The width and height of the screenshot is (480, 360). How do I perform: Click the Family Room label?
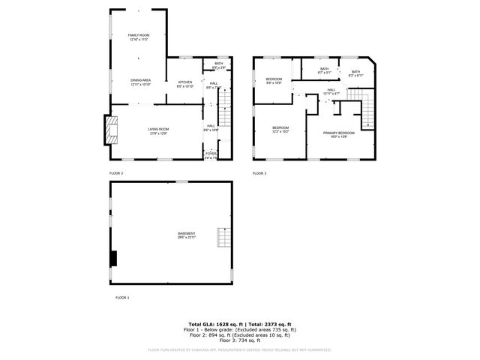click(139, 37)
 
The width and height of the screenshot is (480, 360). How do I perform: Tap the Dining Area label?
click(141, 82)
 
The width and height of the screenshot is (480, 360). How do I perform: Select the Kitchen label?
click(185, 84)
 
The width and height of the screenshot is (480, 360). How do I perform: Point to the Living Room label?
click(158, 131)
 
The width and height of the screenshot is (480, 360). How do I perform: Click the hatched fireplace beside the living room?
click(112, 129)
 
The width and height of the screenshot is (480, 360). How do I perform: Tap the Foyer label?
click(211, 155)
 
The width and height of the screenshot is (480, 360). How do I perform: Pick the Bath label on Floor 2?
click(218, 65)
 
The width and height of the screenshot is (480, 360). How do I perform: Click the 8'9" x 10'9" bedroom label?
click(274, 81)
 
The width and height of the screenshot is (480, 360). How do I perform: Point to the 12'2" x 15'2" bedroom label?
click(280, 129)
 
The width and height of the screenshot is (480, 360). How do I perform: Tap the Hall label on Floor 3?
click(331, 91)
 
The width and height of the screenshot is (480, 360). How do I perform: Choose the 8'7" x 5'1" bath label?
click(324, 71)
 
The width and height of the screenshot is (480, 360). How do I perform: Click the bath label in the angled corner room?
click(356, 73)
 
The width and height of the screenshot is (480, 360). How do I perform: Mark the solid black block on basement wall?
click(114, 257)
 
